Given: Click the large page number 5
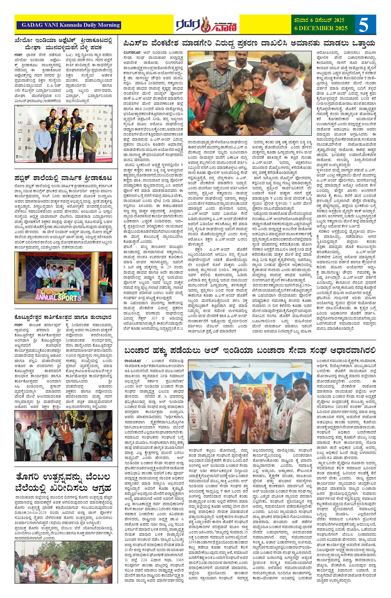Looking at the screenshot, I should (365, 25).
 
